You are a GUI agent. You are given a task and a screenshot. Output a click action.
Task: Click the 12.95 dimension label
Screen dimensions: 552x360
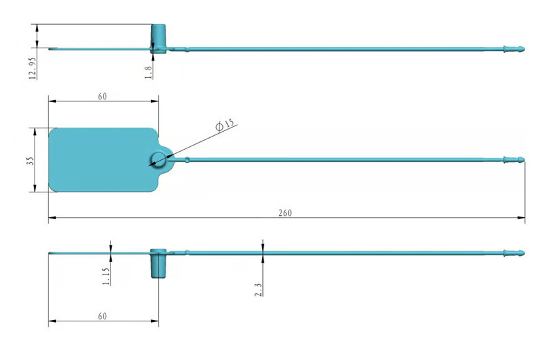pos(32,68)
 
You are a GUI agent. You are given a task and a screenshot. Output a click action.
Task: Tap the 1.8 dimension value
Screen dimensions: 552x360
pos(148,72)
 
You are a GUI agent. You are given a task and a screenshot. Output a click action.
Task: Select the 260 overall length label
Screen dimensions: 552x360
pos(285,213)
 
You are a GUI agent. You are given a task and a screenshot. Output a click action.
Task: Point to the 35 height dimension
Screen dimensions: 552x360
pos(30,161)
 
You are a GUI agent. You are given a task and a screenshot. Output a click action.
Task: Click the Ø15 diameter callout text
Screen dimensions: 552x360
pos(225,125)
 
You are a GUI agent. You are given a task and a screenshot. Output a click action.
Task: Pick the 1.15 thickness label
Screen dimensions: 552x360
pos(106,277)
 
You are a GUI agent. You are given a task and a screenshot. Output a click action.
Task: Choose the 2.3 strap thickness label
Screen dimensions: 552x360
pos(258,290)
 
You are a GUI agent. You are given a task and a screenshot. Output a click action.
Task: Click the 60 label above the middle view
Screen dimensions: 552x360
pos(102,96)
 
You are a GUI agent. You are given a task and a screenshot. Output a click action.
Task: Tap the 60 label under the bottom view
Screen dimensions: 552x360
pos(102,316)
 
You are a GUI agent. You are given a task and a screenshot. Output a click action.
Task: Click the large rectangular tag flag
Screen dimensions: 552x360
pos(102,160)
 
